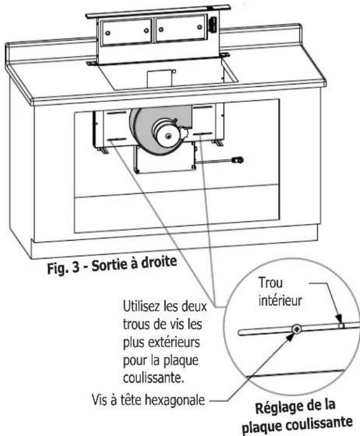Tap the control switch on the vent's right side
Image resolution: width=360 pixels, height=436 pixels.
point(212,25)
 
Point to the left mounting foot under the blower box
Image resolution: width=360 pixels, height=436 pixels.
point(102,150)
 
